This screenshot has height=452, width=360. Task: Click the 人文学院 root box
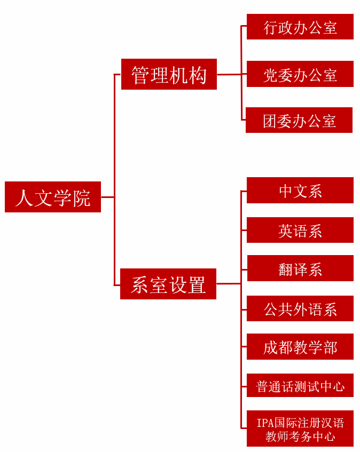tap(53, 197)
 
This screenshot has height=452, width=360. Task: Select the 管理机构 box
tap(169, 74)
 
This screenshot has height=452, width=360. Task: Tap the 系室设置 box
tap(168, 284)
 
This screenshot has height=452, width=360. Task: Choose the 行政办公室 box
tap(300, 27)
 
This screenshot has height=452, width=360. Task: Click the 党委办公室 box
tap(300, 74)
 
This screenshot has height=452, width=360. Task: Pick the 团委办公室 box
tap(299, 120)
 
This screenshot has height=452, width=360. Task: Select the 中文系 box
tap(300, 191)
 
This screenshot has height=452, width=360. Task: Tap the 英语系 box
tap(300, 230)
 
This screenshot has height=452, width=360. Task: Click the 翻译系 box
tap(300, 268)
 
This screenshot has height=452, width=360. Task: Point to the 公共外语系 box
tap(300, 308)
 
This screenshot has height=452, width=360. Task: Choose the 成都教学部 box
tap(300, 347)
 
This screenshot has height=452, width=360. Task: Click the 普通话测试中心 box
tap(300, 385)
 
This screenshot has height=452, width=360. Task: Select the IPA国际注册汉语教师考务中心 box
tap(300, 429)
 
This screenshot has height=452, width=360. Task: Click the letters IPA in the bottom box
tap(265, 423)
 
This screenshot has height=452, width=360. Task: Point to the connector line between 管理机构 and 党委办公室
tap(230, 74)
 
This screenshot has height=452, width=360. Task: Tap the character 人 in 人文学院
tap(24, 197)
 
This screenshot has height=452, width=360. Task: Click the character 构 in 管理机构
tap(198, 75)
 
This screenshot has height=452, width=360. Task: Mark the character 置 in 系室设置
tap(197, 284)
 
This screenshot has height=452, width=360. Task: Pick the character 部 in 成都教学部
tap(331, 347)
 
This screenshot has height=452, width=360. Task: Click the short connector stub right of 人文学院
tap(107, 197)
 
